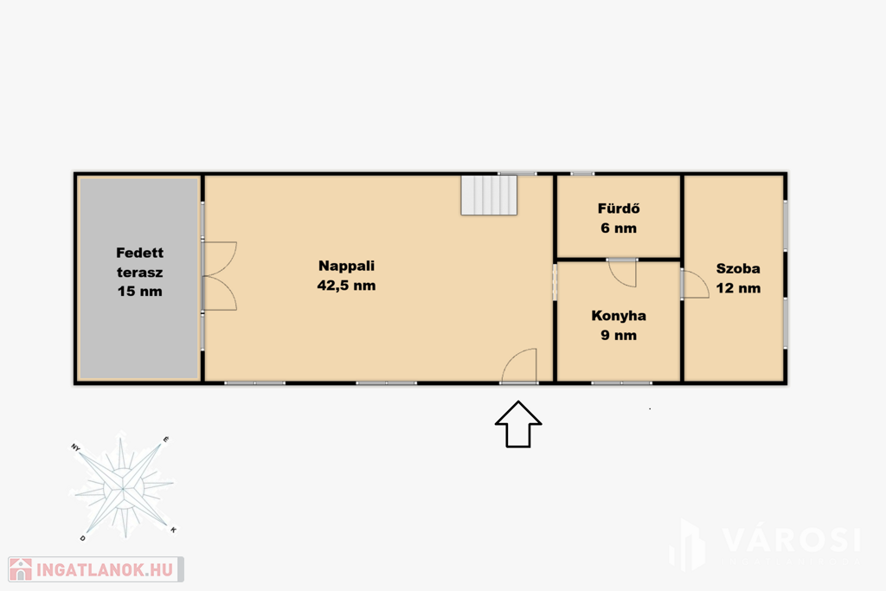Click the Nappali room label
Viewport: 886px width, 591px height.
click(346, 267)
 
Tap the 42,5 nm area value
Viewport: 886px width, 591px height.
click(346, 286)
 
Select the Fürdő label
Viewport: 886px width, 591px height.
click(619, 209)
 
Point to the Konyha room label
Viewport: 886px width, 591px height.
click(619, 316)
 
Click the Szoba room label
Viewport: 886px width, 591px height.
click(738, 268)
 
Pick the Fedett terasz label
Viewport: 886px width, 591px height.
click(139, 262)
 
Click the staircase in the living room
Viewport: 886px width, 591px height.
click(489, 195)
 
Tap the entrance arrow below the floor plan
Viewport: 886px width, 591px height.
click(518, 424)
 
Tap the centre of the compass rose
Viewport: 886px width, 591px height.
click(123, 488)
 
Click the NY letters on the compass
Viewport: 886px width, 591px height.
click(76, 447)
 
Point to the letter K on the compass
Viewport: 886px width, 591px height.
click(173, 530)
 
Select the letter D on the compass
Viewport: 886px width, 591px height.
click(82, 538)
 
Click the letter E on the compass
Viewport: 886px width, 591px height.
click(165, 439)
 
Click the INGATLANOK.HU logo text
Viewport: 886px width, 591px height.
click(105, 570)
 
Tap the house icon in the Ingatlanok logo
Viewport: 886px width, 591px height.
click(21, 569)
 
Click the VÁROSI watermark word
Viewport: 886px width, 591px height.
click(792, 540)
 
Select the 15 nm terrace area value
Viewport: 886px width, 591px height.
click(139, 292)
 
